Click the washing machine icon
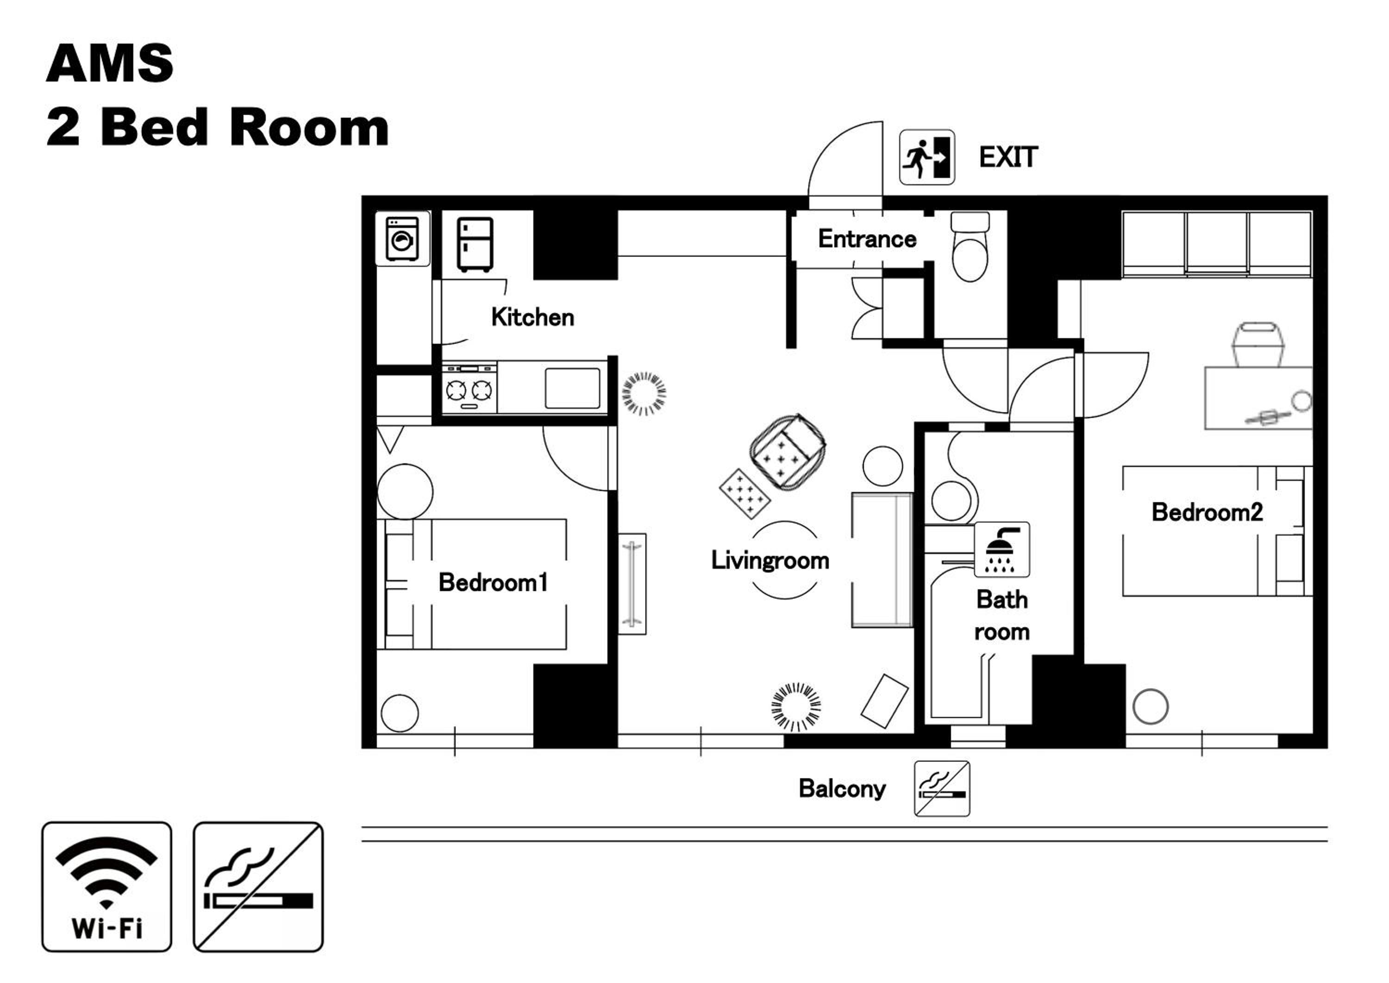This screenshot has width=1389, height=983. coord(402,239)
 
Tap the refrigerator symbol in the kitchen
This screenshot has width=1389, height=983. coord(475,245)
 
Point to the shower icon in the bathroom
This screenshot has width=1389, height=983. coord(1002,549)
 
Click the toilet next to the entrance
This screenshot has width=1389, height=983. coord(970,246)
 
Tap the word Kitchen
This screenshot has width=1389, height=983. coord(532,317)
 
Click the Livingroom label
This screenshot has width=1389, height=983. coord(770,561)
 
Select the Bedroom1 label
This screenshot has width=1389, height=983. coord(493,582)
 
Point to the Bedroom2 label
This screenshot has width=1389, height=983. coord(1208,512)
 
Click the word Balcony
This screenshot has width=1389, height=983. coord(842,789)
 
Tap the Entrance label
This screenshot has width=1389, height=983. coord(867,239)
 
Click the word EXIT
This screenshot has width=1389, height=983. coord(1008,158)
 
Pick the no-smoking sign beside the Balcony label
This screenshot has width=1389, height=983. coord(942,789)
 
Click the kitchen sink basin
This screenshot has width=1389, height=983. coord(572,388)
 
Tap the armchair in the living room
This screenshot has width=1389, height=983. coord(787,452)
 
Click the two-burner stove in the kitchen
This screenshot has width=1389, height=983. coord(469,389)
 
